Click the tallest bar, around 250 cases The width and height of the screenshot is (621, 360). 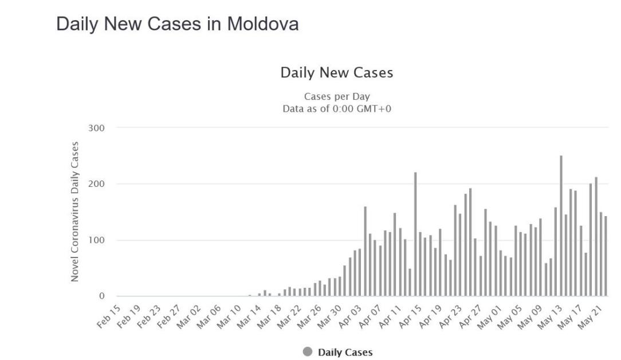tap(561, 226)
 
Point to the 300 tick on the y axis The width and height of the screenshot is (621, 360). tap(96, 128)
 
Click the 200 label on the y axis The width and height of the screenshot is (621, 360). tap(96, 184)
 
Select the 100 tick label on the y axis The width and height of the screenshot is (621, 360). tap(96, 240)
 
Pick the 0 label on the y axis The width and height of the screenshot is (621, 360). tap(102, 296)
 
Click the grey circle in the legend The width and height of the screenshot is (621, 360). tap(308, 352)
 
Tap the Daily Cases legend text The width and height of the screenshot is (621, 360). tap(345, 353)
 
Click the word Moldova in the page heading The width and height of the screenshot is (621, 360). tap(263, 24)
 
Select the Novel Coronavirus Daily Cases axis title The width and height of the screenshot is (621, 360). tap(75, 212)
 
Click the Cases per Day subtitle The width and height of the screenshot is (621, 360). tap(337, 96)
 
